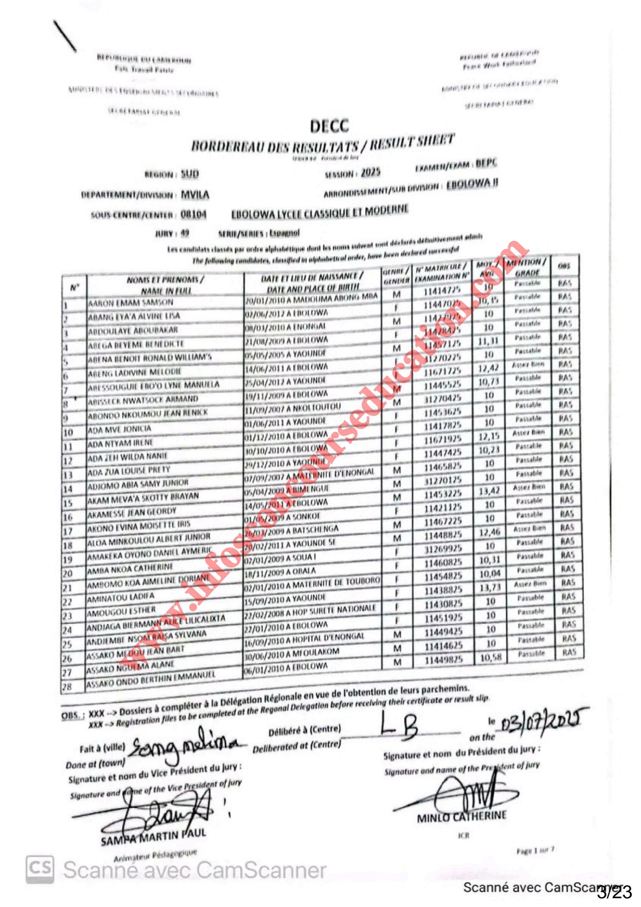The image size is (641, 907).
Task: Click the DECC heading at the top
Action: coord(329,126)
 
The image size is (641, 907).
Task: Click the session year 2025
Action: coord(370,172)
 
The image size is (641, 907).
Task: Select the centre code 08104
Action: coord(193,214)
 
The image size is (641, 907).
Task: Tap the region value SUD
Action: coord(190,174)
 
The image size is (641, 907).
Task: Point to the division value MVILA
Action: coord(195,194)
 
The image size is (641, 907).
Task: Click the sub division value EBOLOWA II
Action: coord(472,184)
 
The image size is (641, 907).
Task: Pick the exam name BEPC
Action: coord(486,163)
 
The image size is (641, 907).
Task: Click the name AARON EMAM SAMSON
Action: coord(130,303)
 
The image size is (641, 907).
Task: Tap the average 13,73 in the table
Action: coord(489,587)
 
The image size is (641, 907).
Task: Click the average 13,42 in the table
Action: coord(489,491)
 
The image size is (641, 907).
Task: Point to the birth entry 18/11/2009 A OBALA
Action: coord(280,572)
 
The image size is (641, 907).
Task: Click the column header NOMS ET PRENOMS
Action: coord(165,280)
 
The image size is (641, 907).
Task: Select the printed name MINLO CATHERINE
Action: coord(461,816)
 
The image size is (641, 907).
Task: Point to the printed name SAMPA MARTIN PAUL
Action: coord(153,837)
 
